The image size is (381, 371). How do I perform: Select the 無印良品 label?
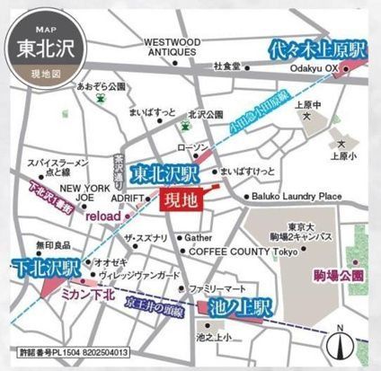point(50,243)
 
